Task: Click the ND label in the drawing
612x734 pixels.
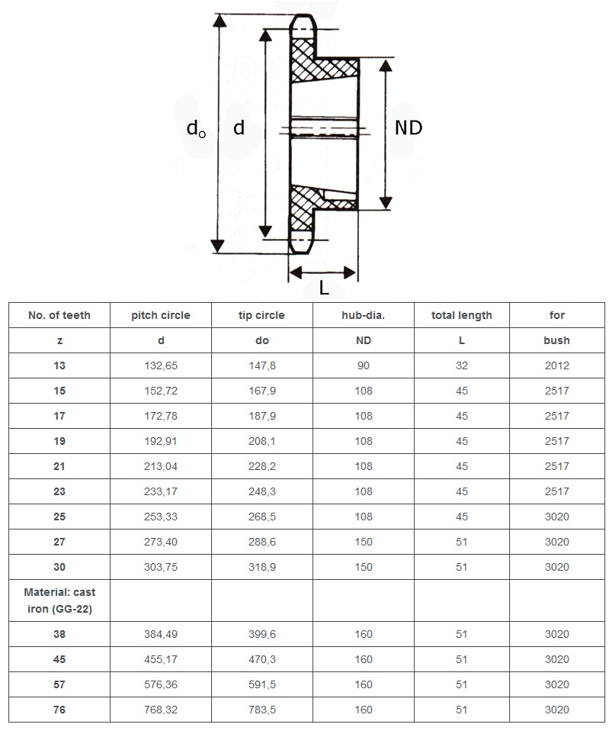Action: [408, 127]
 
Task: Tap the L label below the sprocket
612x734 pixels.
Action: [324, 288]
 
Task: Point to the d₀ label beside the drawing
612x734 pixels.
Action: [196, 129]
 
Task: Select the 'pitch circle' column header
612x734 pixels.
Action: [161, 315]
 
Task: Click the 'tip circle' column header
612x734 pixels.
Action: [261, 315]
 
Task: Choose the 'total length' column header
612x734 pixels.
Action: [461, 315]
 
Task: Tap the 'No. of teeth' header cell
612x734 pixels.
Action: [59, 315]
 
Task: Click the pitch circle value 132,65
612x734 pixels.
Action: [161, 365]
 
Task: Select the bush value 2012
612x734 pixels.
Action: [556, 365]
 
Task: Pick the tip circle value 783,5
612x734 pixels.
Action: [261, 710]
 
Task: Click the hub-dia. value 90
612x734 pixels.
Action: [364, 365]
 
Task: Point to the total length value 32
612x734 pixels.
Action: [461, 365]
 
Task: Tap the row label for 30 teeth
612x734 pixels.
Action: [59, 567]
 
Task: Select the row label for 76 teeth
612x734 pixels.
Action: [59, 710]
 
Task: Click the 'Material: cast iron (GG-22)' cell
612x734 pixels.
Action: [59, 600]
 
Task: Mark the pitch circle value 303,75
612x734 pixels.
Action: [161, 567]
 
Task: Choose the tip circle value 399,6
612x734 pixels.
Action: [261, 634]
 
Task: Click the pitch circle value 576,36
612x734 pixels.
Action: [161, 684]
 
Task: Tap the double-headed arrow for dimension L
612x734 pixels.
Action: [323, 272]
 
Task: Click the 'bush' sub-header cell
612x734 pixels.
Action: [556, 340]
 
